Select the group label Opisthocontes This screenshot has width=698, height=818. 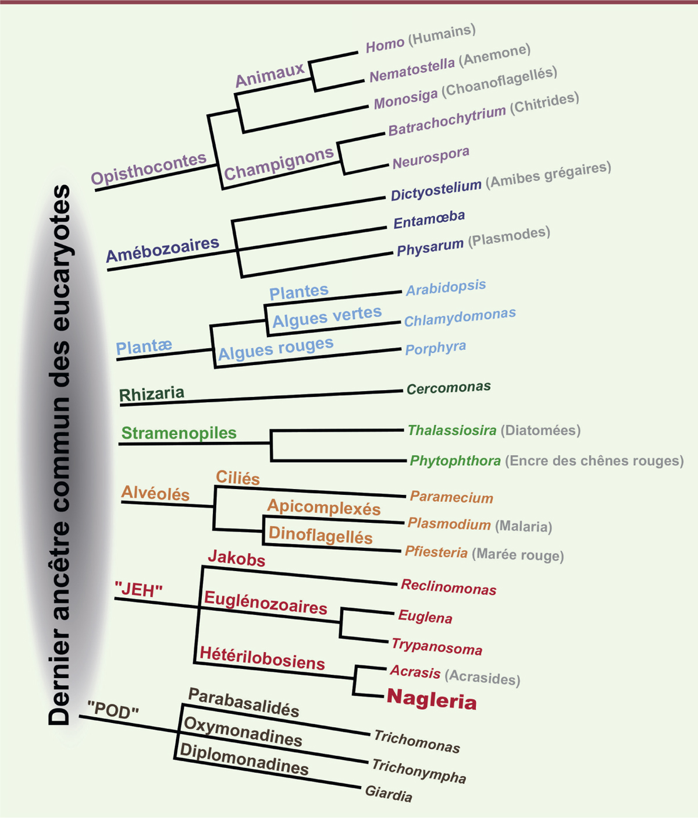click(x=149, y=169)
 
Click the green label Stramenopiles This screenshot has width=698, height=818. click(x=179, y=433)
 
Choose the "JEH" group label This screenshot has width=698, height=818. click(x=138, y=590)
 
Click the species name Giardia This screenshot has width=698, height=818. click(x=389, y=793)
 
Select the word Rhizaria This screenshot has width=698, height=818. click(x=151, y=394)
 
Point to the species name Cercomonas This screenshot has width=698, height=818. click(x=448, y=388)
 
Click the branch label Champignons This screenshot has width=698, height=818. click(x=279, y=164)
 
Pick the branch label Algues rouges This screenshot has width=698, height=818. click(x=275, y=349)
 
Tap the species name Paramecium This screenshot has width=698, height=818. click(x=451, y=497)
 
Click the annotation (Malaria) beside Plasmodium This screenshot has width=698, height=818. click(x=523, y=526)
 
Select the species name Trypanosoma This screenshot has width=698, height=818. click(x=437, y=646)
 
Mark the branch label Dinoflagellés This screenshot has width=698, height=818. click(x=320, y=536)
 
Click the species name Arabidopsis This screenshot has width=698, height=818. click(x=446, y=288)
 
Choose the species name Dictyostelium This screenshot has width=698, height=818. click(x=436, y=190)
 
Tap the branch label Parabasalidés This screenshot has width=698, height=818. click(x=244, y=702)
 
